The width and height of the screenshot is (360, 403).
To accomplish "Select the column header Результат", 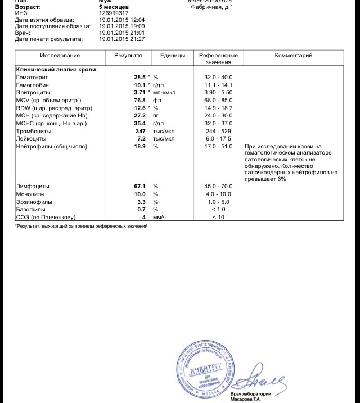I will pos(128,56).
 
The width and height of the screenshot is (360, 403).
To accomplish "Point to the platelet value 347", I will pos(141,130).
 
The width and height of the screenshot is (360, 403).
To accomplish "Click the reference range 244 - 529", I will pos(218,130).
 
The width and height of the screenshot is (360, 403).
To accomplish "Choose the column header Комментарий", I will pos(293,56).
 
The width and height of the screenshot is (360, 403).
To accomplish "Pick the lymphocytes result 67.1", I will pos(139,186).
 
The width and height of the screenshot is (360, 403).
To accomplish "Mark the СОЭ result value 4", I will pos(144,216).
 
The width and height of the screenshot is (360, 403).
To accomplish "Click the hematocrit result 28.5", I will pos(139,77).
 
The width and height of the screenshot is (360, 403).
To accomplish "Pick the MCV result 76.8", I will pos(139,100).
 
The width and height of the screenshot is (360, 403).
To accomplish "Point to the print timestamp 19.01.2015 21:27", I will pos(121,39).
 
